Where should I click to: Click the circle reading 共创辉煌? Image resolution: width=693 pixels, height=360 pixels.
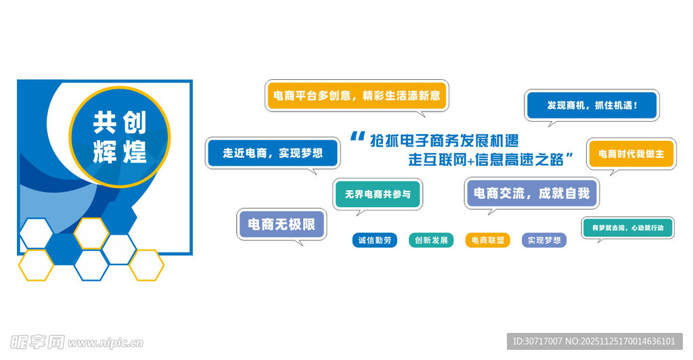pyautogui.click(x=120, y=137)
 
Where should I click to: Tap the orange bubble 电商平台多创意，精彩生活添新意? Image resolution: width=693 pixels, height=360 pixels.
pyautogui.click(x=357, y=96)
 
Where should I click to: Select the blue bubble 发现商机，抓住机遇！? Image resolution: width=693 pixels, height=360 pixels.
pyautogui.click(x=591, y=106)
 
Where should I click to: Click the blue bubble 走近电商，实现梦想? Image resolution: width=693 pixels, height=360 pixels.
pyautogui.click(x=272, y=153)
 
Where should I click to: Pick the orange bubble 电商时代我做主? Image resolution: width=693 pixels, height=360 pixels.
pyautogui.click(x=631, y=154)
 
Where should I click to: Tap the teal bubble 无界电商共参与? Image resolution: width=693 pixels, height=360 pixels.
pyautogui.click(x=378, y=194)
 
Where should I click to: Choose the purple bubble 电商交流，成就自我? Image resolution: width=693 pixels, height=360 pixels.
pyautogui.click(x=531, y=194)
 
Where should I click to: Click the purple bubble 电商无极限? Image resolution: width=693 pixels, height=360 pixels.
pyautogui.click(x=282, y=225)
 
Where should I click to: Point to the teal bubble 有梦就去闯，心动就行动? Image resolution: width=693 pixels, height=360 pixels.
pyautogui.click(x=627, y=228)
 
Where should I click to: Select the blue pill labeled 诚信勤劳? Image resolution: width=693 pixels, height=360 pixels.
pyautogui.click(x=374, y=240)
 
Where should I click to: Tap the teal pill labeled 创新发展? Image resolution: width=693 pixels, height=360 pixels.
pyautogui.click(x=431, y=240)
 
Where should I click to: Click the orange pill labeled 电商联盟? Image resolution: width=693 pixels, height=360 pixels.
pyautogui.click(x=487, y=240)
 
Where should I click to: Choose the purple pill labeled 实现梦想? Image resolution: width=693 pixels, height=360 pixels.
pyautogui.click(x=544, y=240)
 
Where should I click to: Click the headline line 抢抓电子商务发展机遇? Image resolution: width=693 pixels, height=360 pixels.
pyautogui.click(x=444, y=140)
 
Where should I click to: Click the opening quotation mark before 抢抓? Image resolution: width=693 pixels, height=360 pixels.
pyautogui.click(x=357, y=137)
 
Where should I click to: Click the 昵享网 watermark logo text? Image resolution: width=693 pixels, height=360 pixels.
pyautogui.click(x=38, y=342)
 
